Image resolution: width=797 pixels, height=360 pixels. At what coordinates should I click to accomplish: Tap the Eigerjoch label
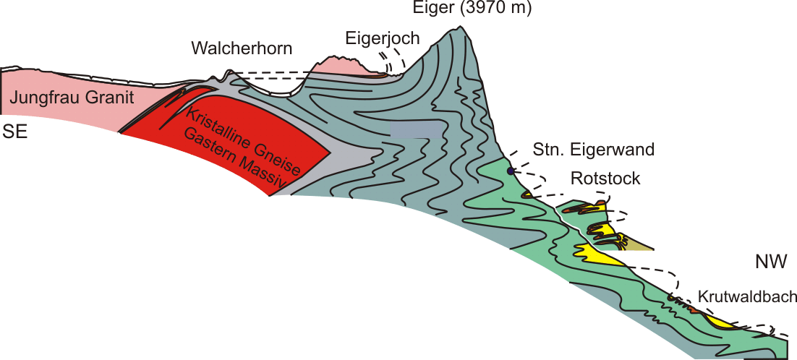382,38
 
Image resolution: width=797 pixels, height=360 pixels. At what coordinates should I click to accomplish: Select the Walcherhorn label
242,49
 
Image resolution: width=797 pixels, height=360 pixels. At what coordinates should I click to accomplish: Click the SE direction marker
16,132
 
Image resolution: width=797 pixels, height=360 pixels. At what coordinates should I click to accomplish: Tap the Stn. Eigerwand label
593,150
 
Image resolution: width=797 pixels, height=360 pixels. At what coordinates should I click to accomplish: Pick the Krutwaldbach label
747,296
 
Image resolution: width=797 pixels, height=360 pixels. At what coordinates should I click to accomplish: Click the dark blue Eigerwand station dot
511,171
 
